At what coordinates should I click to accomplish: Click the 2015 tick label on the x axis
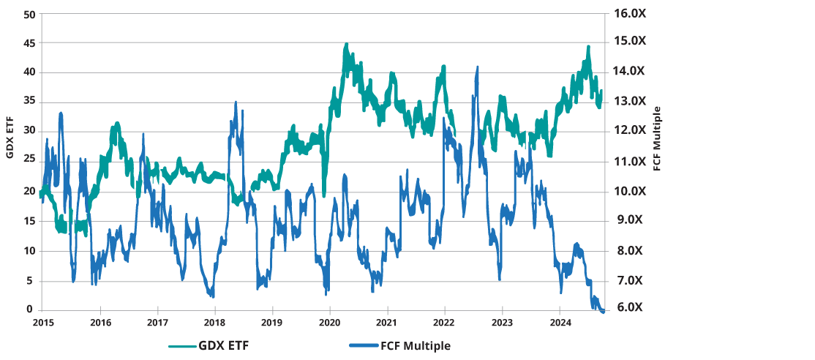43,322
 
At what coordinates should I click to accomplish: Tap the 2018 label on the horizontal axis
214,322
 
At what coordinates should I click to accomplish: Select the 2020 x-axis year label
329,322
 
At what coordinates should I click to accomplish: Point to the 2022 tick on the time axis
444,322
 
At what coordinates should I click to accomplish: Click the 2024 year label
560,322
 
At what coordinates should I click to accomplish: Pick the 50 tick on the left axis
29,13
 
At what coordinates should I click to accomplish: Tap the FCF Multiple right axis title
656,138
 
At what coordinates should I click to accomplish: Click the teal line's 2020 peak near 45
346,45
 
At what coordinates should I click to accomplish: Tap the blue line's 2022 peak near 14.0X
478,67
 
